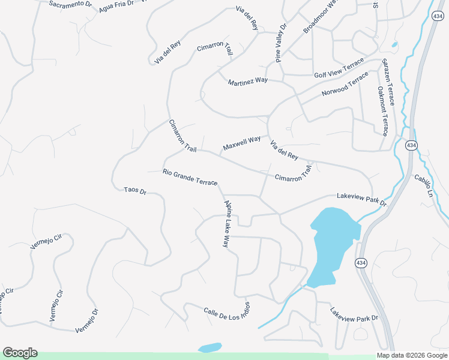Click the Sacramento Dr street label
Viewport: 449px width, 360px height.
[x=71, y=5]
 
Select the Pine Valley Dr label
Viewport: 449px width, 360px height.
[x=282, y=43]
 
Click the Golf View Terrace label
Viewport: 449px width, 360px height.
[x=339, y=68]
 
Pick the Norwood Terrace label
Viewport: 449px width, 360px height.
[x=345, y=85]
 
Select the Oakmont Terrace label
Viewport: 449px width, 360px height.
[x=382, y=111]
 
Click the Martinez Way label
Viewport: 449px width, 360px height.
[x=247, y=81]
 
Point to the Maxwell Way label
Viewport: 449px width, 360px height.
[x=241, y=143]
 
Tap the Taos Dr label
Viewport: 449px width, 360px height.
[x=135, y=191]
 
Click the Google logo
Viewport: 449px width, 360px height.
[x=20, y=353]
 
